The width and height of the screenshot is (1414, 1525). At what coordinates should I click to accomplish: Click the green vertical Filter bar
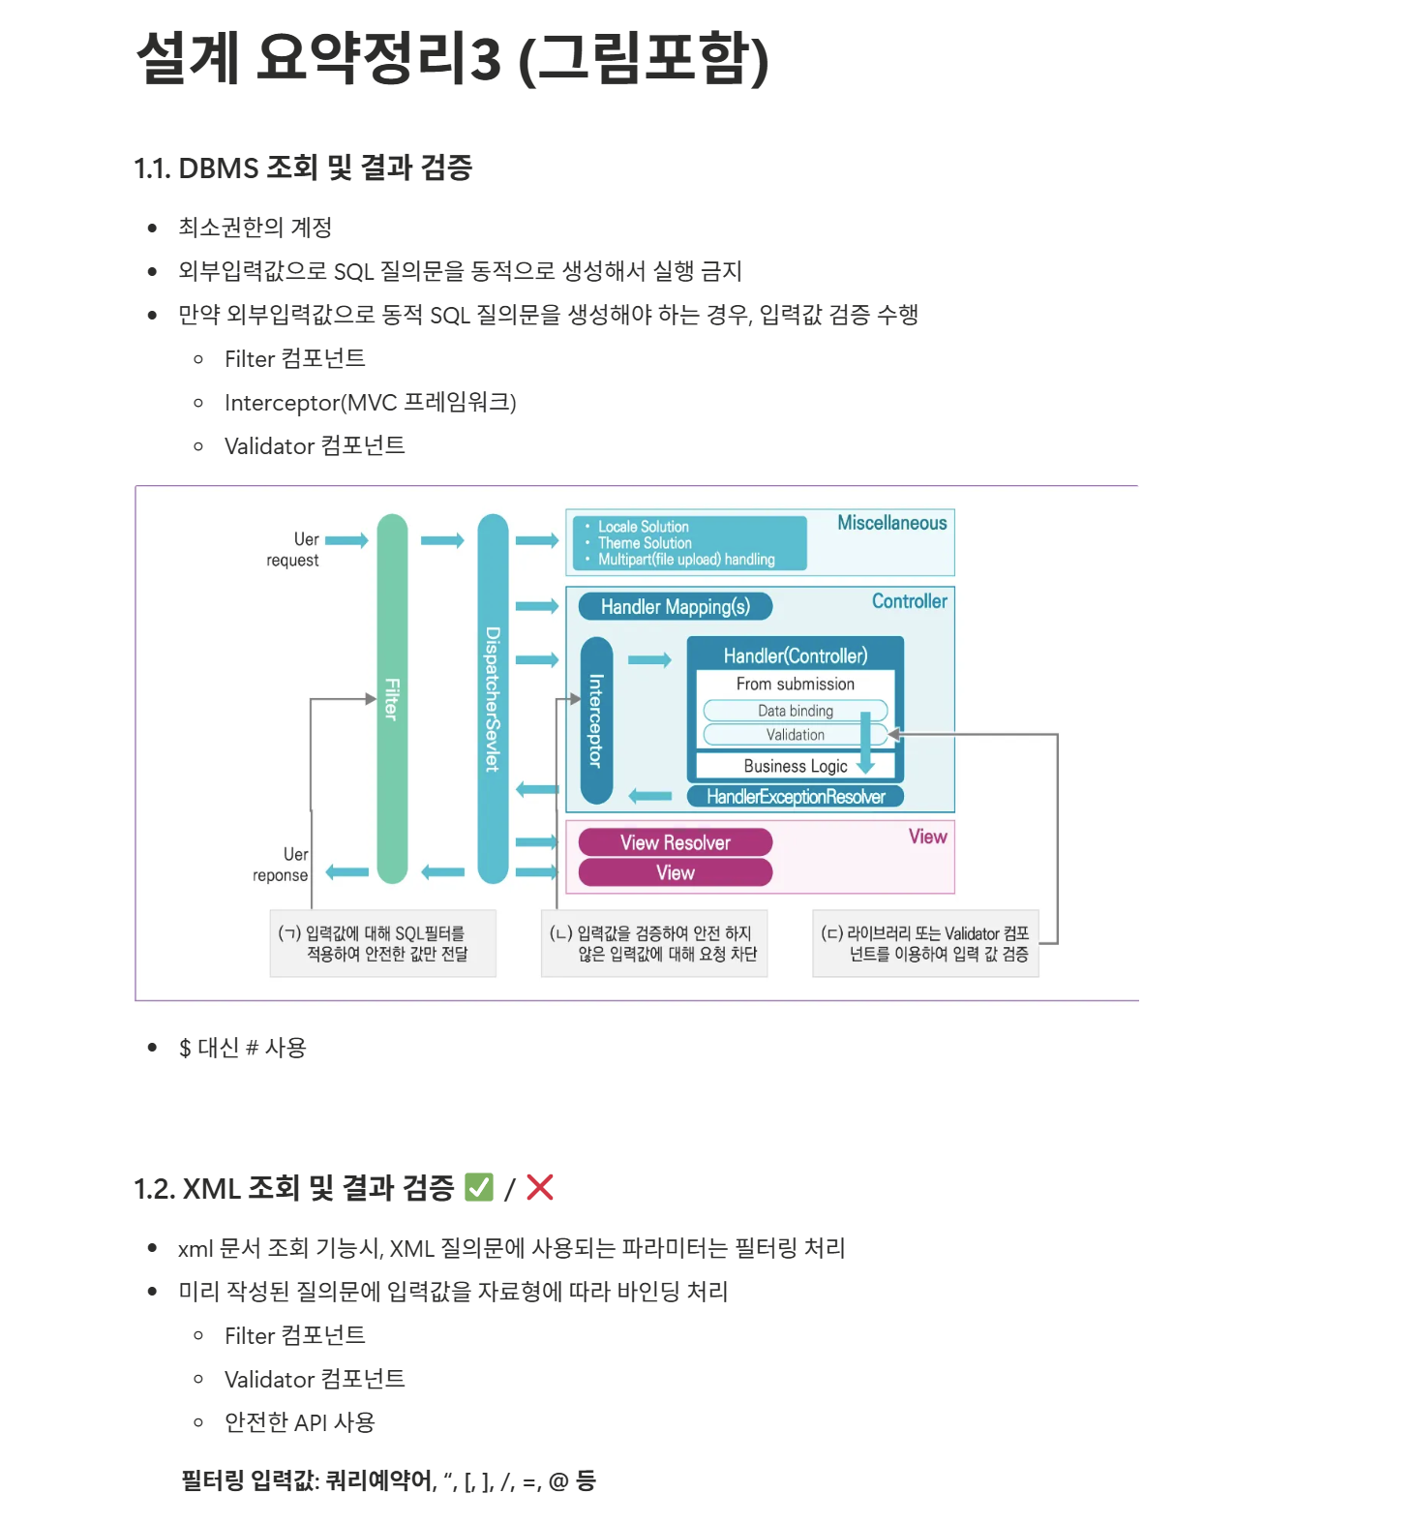point(392,698)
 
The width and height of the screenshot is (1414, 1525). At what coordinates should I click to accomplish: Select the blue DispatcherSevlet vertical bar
point(493,698)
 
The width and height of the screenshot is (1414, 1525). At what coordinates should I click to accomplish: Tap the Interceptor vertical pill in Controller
point(596,720)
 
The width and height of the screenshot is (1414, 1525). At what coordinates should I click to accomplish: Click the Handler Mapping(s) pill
point(676,607)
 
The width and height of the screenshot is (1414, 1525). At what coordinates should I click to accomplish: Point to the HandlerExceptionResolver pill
point(795,797)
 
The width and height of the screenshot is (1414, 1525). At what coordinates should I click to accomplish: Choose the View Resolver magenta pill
point(676,842)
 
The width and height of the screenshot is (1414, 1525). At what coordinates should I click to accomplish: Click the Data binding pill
point(795,711)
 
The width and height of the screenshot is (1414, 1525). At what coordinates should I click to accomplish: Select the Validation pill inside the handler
point(795,735)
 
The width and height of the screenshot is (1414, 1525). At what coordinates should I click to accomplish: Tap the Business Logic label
point(795,766)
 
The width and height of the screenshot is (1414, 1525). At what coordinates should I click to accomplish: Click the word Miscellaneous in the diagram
point(891,523)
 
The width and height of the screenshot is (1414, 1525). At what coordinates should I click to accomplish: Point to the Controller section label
point(909,601)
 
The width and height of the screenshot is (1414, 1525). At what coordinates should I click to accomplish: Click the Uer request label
point(294,549)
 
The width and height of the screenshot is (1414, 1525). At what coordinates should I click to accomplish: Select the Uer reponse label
point(282,865)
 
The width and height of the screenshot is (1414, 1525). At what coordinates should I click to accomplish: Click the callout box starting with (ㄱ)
point(383,943)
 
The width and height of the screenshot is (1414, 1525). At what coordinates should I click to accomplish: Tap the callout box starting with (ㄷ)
point(925,943)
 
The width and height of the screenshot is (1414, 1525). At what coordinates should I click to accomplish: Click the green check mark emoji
point(479,1187)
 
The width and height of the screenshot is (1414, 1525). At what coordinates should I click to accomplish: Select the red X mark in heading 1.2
point(540,1187)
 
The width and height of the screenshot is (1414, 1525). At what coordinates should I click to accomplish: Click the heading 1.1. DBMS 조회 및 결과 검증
point(303,168)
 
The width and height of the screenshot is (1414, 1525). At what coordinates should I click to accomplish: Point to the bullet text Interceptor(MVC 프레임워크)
point(371,403)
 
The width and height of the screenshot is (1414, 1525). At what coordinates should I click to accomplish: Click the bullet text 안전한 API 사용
point(300,1422)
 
